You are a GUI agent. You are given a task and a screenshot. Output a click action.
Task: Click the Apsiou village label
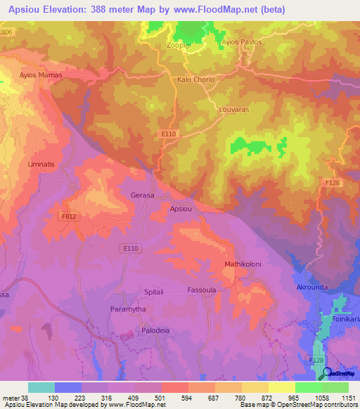point(181,208)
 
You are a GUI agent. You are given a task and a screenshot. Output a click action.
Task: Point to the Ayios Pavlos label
point(241,42)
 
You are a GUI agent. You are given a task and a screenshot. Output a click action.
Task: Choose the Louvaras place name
point(234,110)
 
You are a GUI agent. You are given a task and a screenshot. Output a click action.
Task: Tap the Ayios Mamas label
point(41,74)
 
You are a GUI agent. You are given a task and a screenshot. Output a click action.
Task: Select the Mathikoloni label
point(224,264)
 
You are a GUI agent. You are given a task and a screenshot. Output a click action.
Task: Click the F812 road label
point(68,217)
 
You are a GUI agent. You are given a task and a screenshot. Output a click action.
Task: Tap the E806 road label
point(6,33)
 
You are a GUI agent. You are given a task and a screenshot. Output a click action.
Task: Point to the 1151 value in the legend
point(348,398)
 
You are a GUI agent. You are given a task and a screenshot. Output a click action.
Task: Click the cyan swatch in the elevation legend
point(41,387)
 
